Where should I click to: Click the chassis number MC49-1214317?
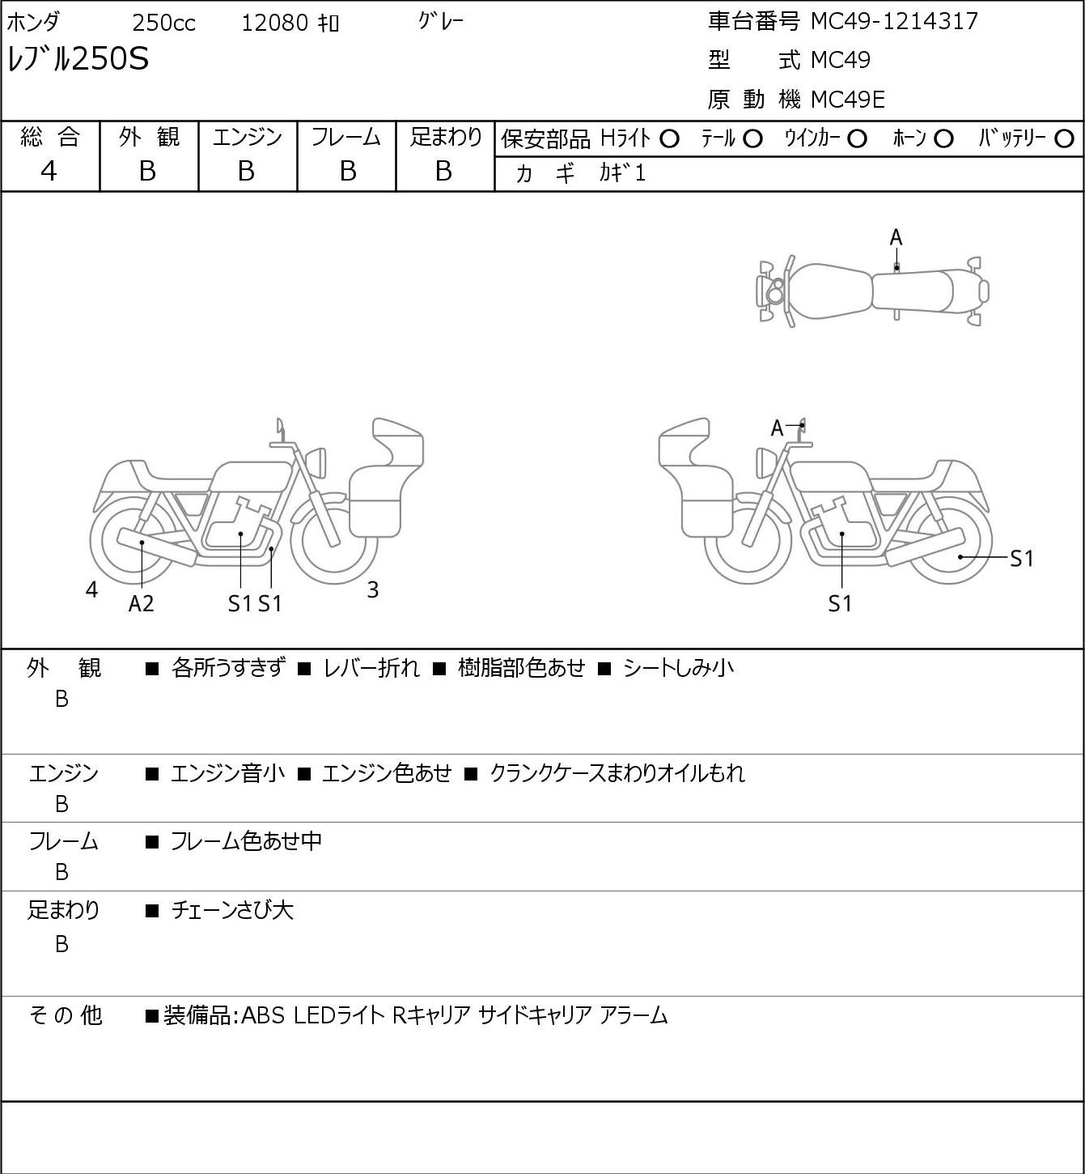(x=894, y=21)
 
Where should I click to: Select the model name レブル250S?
(x=78, y=59)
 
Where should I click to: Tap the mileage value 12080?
(x=275, y=23)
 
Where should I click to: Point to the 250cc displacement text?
(x=163, y=23)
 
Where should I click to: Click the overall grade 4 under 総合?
(x=49, y=172)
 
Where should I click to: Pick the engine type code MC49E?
(x=848, y=100)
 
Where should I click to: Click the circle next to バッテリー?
(x=1064, y=138)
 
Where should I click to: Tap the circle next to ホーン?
(x=943, y=138)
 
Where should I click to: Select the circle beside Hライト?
(x=669, y=138)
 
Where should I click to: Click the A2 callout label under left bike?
(x=142, y=603)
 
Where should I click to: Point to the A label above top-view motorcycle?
(x=896, y=238)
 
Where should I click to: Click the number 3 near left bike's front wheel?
(x=372, y=589)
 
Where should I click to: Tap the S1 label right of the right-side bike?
(x=1021, y=558)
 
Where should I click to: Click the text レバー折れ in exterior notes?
(x=371, y=668)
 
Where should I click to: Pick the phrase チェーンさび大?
(x=231, y=910)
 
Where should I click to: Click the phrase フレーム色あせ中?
(x=246, y=840)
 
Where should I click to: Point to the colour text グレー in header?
(x=441, y=22)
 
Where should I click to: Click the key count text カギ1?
(x=622, y=173)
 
